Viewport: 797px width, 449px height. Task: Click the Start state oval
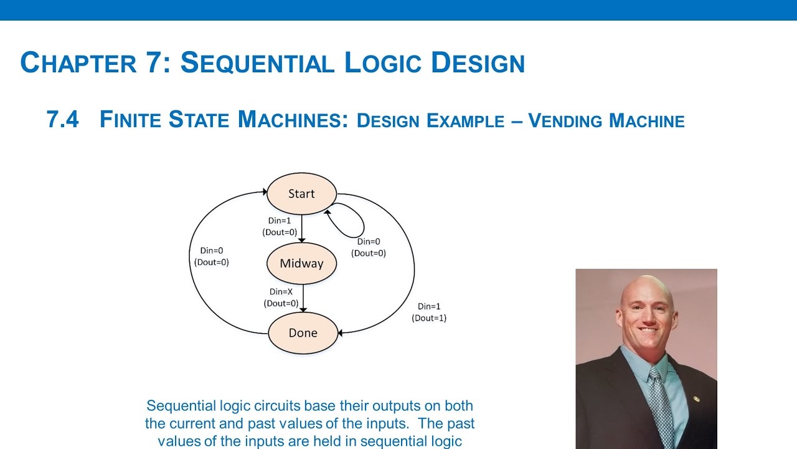pos(301,194)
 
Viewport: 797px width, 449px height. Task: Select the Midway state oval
pos(301,263)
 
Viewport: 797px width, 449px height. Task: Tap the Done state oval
pos(303,333)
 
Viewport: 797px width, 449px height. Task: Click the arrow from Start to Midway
pos(301,228)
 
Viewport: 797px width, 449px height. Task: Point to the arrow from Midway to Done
pos(303,297)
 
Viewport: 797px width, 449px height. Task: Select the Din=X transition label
pos(281,291)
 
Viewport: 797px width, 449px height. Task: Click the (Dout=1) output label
pos(429,318)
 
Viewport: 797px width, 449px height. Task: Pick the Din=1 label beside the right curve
pos(429,306)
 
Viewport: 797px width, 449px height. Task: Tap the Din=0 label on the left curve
pos(212,251)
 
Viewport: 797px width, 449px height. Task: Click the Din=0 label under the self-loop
pos(369,241)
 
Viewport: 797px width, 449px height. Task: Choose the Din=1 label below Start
pos(280,221)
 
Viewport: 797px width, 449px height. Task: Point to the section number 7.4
pos(63,119)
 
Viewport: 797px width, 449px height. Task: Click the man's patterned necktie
pos(661,405)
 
